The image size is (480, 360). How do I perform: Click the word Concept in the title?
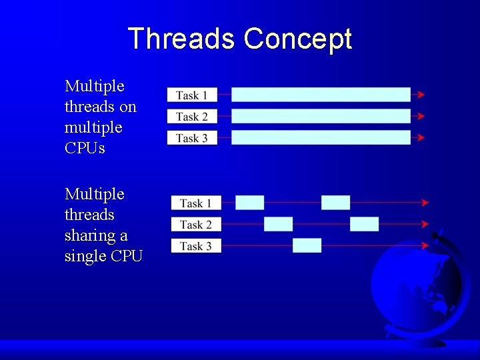pyautogui.click(x=297, y=39)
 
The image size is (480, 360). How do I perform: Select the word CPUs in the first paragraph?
pyautogui.click(x=85, y=148)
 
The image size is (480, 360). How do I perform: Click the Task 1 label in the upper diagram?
pyautogui.click(x=192, y=95)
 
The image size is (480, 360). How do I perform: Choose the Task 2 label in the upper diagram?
pyautogui.click(x=192, y=117)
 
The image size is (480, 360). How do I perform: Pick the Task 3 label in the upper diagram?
pyautogui.click(x=192, y=138)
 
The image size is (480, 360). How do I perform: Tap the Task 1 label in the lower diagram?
pyautogui.click(x=196, y=203)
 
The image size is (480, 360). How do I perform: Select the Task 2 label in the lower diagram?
pyautogui.click(x=196, y=225)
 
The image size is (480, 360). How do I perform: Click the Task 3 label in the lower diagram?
pyautogui.click(x=196, y=246)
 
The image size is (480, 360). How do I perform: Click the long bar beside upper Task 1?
pyautogui.click(x=321, y=95)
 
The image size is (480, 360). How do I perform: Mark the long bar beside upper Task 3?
pyautogui.click(x=321, y=137)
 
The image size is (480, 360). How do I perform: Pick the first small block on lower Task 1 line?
pyautogui.click(x=250, y=203)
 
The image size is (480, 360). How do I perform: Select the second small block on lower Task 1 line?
pyautogui.click(x=335, y=203)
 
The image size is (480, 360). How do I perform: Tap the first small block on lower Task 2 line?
pyautogui.click(x=278, y=224)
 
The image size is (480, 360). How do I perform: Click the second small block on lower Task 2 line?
pyautogui.click(x=364, y=224)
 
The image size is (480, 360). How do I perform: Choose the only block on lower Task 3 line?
pyautogui.click(x=307, y=245)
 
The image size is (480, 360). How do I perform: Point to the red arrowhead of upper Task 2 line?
pyautogui.click(x=421, y=116)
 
